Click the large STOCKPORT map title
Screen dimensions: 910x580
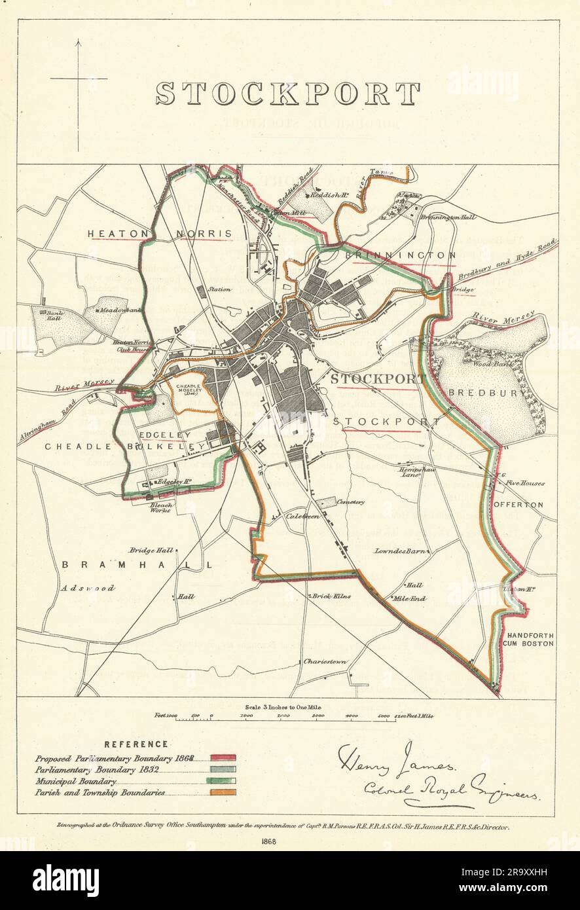tap(288, 94)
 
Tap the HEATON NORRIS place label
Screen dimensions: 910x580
tap(160, 234)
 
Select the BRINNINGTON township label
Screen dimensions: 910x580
tap(400, 255)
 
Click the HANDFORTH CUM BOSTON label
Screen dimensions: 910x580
tap(530, 640)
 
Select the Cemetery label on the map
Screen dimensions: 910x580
tap(350, 502)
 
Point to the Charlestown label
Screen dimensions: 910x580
tap(325, 662)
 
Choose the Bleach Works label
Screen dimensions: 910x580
tap(161, 507)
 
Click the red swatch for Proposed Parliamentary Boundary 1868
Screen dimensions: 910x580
tap(223, 757)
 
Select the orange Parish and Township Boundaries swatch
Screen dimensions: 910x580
tap(223, 793)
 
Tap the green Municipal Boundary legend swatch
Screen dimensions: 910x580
tap(223, 781)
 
